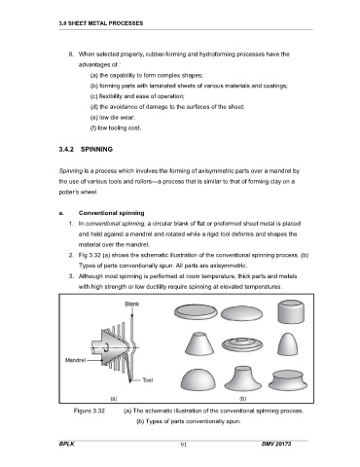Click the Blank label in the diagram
(132, 304)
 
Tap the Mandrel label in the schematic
(75, 360)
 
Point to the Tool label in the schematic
(148, 379)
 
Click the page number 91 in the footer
(183, 445)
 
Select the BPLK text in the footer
(66, 444)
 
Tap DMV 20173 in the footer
(276, 444)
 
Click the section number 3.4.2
(67, 149)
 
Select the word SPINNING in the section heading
(96, 149)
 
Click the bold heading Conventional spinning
(111, 213)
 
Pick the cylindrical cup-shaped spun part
(291, 311)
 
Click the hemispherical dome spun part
(198, 379)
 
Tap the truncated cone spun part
(199, 343)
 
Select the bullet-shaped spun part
(289, 344)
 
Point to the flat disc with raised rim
(196, 312)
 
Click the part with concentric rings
(242, 344)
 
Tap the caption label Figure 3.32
(90, 411)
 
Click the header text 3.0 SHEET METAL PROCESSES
(101, 23)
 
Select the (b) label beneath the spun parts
(242, 398)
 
